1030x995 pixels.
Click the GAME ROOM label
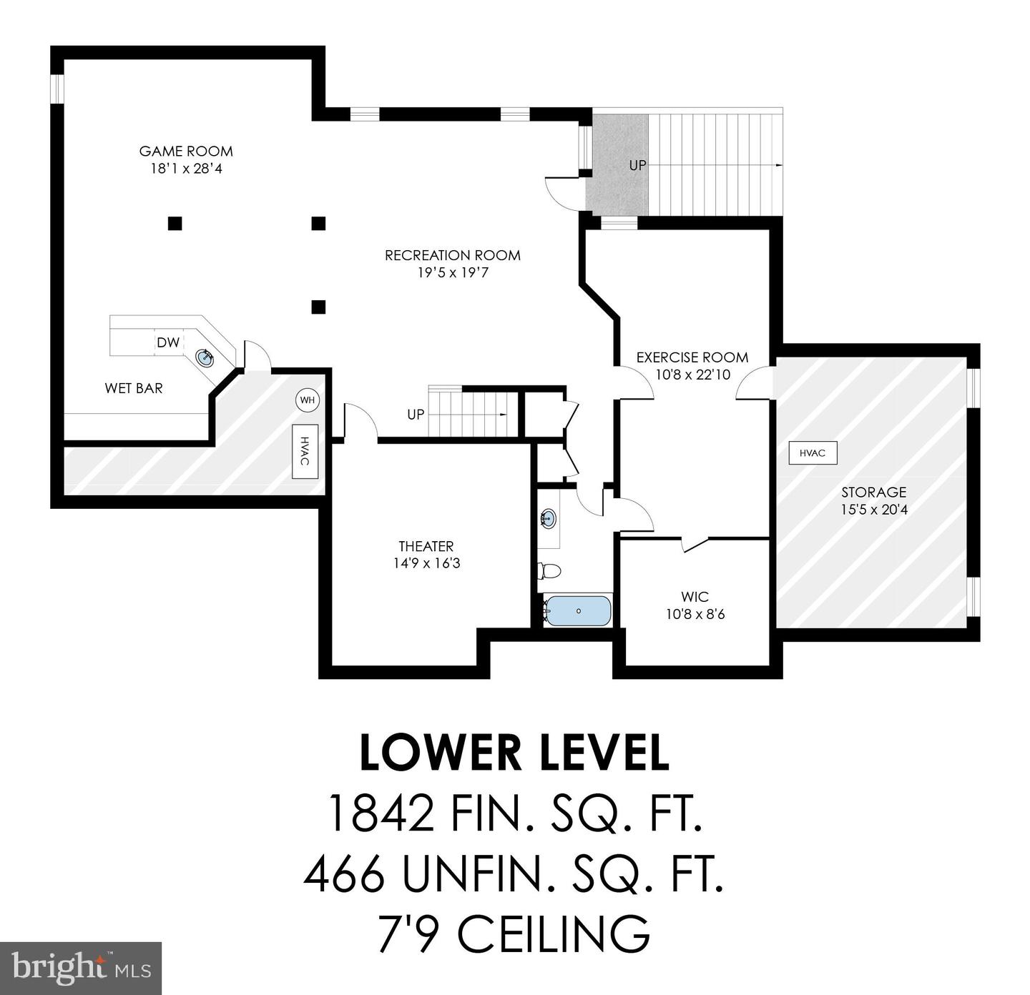[186, 151]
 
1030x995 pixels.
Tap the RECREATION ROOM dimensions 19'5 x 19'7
[452, 272]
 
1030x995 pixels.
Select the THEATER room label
[426, 546]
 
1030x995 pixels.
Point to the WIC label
[695, 596]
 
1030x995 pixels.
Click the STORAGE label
[873, 492]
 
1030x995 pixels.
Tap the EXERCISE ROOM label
[692, 357]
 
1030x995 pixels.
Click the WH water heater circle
[308, 400]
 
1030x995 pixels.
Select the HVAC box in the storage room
[813, 453]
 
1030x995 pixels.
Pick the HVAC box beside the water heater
[305, 452]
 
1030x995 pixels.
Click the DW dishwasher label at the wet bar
[168, 342]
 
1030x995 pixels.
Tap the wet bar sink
[206, 357]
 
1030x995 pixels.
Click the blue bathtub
[578, 611]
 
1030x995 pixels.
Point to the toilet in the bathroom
[549, 571]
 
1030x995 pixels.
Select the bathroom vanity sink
[549, 518]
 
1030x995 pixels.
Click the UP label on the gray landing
[637, 165]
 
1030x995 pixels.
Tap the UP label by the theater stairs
[416, 415]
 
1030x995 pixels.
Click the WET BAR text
[134, 388]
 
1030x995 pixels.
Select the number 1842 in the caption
[380, 814]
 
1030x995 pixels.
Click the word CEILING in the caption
[554, 933]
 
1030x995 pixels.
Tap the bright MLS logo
[82, 968]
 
